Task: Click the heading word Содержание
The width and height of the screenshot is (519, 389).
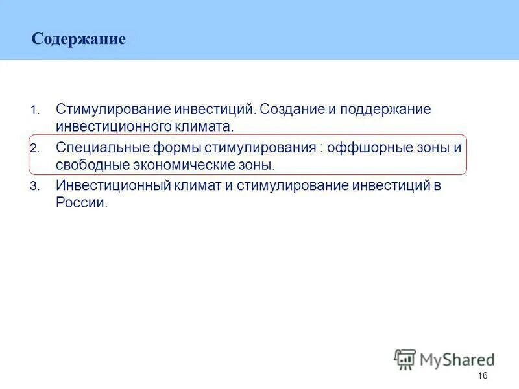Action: tap(78, 40)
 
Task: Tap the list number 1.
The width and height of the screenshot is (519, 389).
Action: tap(34, 110)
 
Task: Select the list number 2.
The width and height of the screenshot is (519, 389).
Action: tap(34, 148)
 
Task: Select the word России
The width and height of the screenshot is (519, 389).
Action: tap(81, 202)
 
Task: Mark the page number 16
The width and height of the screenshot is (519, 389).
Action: tap(482, 377)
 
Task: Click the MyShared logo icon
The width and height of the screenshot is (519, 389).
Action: tap(405, 359)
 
